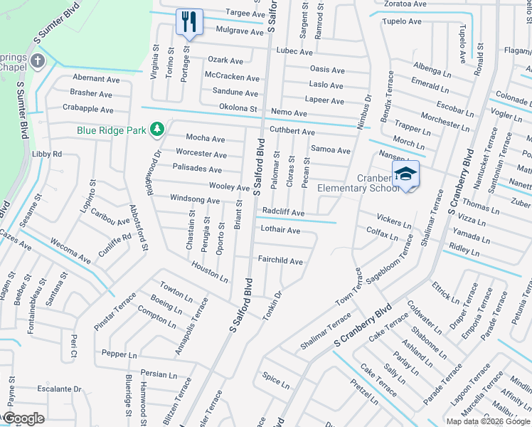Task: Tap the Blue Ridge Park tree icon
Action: pyautogui.click(x=156, y=130)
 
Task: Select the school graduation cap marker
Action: pyautogui.click(x=405, y=173)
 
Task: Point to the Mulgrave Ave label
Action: pyautogui.click(x=220, y=31)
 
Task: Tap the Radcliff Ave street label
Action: pyautogui.click(x=283, y=213)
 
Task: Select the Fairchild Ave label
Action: pyautogui.click(x=280, y=261)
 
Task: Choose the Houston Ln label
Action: pyautogui.click(x=209, y=270)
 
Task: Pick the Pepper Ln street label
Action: pyautogui.click(x=119, y=354)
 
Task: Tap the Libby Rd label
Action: pyautogui.click(x=47, y=154)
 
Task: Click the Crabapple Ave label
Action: pyautogui.click(x=87, y=110)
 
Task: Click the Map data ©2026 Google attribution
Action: pyautogui.click(x=487, y=421)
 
